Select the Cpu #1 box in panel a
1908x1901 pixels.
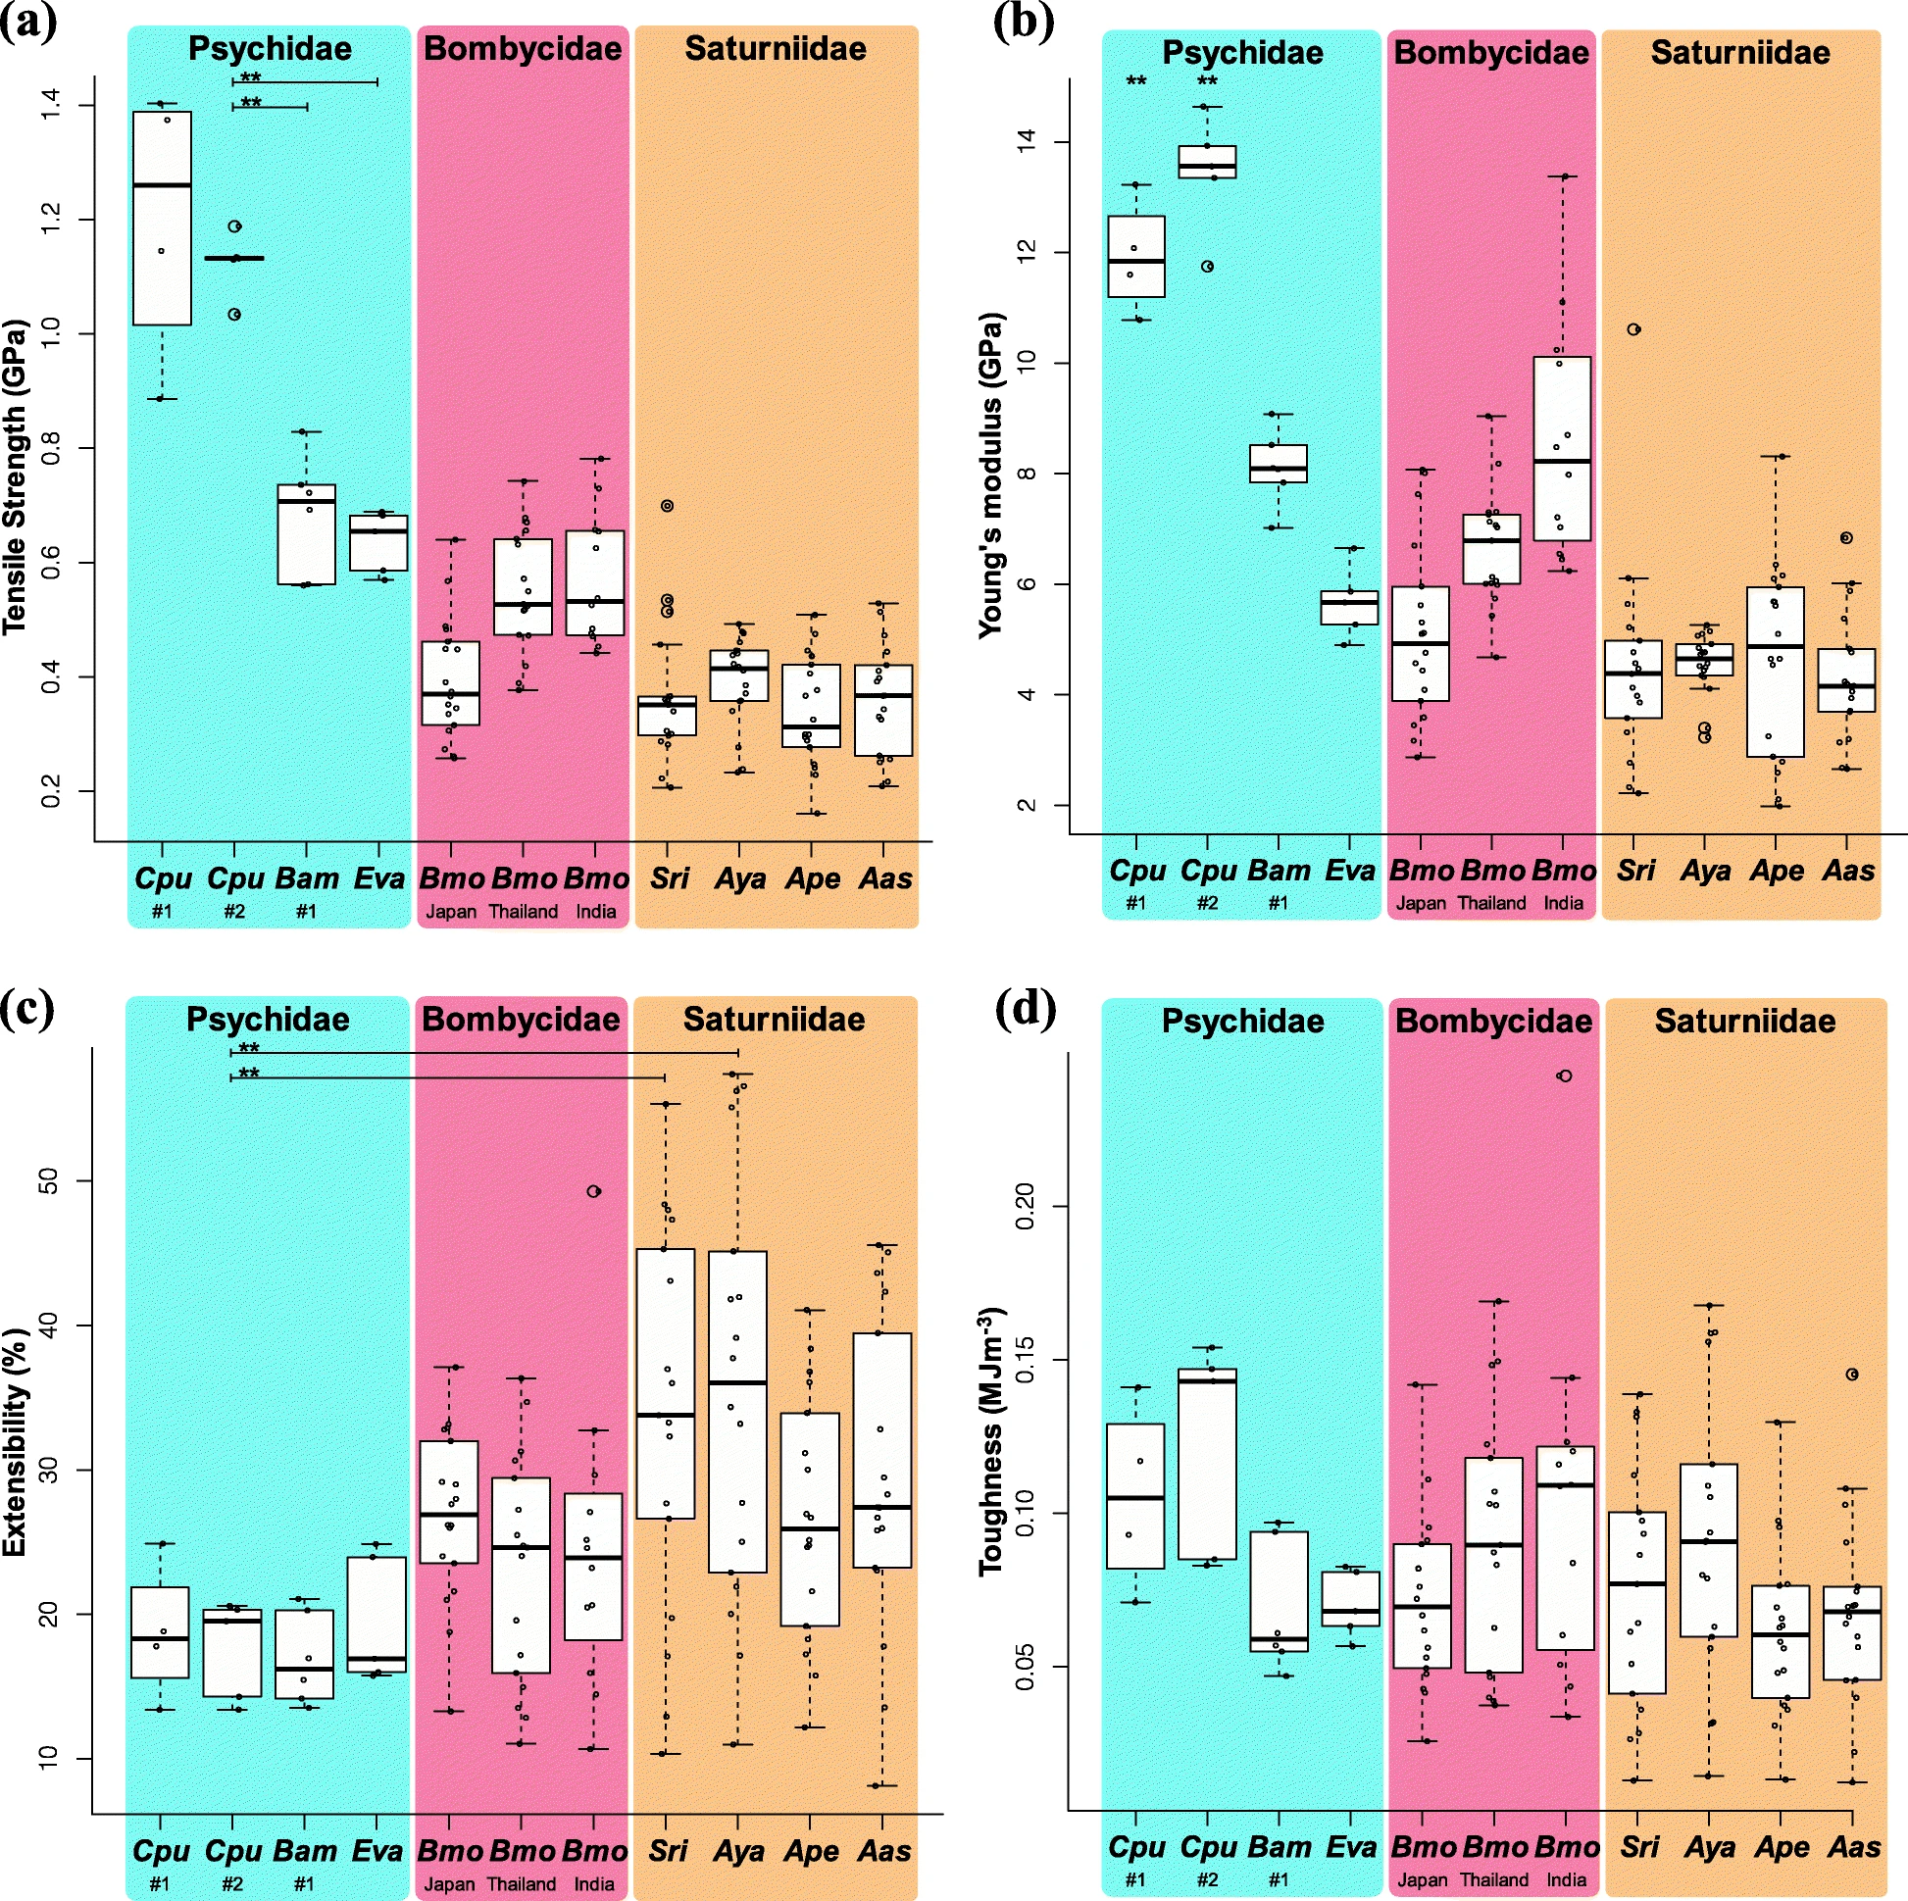[x=162, y=219]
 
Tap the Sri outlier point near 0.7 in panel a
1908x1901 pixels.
[x=667, y=506]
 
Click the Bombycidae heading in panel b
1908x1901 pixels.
[x=1491, y=52]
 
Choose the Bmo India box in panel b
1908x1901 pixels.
[x=1562, y=448]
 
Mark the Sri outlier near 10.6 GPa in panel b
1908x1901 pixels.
[x=1634, y=329]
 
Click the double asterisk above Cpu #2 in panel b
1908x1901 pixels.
[x=1207, y=82]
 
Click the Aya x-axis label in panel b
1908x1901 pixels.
[x=1706, y=870]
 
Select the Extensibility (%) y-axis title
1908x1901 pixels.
[x=14, y=1443]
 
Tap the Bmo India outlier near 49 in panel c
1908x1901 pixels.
[x=593, y=1191]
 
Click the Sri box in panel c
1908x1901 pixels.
[x=665, y=1383]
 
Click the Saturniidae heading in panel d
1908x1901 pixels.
[x=1745, y=1021]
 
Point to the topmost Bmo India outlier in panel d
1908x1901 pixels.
[x=1564, y=1076]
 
